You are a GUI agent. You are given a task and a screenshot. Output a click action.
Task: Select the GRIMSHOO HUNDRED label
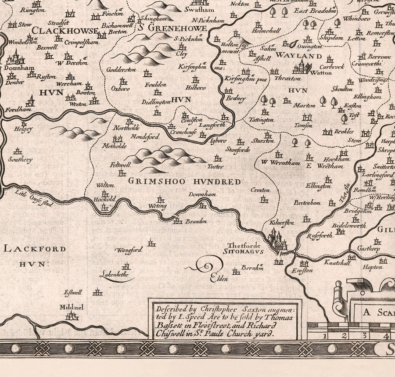[x=184, y=181]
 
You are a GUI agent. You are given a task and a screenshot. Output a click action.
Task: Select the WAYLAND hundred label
[x=299, y=56]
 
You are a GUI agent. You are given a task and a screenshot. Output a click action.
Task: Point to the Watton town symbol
[x=303, y=67]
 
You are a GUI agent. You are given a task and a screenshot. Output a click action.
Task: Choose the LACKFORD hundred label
[x=35, y=249]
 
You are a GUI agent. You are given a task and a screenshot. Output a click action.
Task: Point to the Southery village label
[x=20, y=160]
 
